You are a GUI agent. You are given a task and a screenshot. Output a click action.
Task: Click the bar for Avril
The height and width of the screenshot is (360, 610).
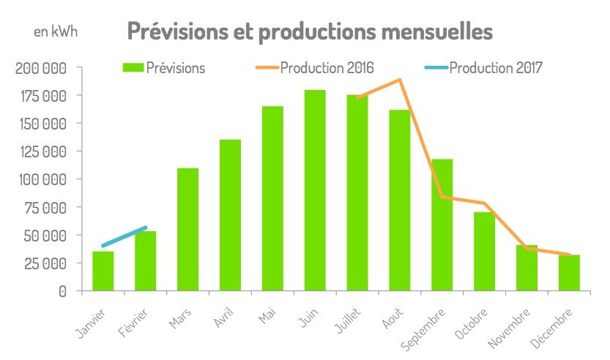tap(230, 215)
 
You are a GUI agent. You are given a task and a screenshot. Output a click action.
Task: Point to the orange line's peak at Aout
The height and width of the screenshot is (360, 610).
tap(400, 80)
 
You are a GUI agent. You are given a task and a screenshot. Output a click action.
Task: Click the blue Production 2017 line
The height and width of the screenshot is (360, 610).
tap(124, 236)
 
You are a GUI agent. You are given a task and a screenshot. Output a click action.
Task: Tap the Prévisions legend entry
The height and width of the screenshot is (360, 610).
tap(164, 68)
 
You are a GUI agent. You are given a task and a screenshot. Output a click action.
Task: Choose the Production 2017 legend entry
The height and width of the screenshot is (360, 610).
tap(484, 68)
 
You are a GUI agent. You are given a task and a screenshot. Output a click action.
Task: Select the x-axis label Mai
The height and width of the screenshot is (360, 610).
tap(267, 315)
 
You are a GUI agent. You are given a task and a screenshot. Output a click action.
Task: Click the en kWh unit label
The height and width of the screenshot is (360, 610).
tap(55, 32)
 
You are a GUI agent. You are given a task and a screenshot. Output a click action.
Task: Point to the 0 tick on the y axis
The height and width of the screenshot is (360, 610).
tap(62, 291)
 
